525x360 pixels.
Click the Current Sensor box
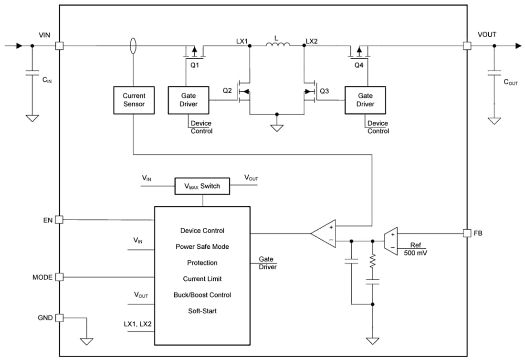[x=134, y=100]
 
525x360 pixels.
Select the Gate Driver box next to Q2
[x=189, y=100]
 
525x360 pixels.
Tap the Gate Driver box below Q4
[x=366, y=100]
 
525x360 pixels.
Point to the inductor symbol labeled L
[x=278, y=45]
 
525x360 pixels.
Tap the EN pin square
[x=59, y=220]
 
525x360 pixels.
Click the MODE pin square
[x=59, y=277]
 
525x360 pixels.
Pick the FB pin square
[x=467, y=233]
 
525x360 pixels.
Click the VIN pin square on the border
[x=59, y=46]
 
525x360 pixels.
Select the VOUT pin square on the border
[x=467, y=46]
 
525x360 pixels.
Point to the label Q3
[x=324, y=91]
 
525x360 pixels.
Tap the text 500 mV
[x=415, y=253]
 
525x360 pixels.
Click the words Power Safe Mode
[x=202, y=246]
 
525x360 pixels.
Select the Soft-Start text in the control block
[x=202, y=311]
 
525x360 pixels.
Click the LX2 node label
[x=311, y=41]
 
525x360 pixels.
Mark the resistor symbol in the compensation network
[x=372, y=262]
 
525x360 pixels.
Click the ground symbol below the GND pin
[x=86, y=341]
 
